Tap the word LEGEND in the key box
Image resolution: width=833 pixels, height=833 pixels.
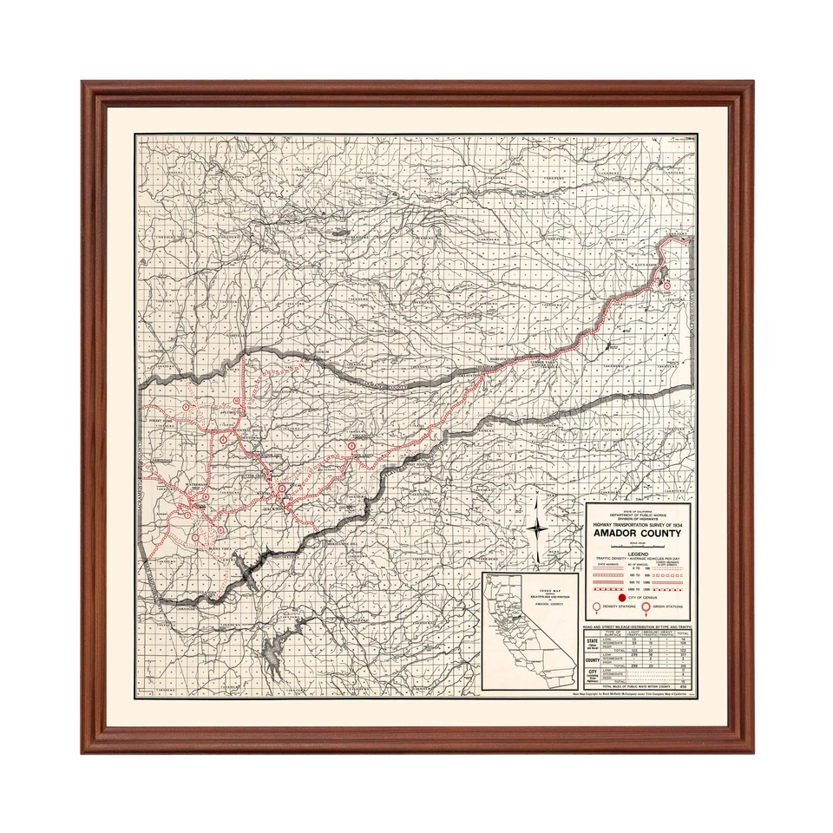(x=640, y=551)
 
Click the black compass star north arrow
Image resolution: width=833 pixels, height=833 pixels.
(x=539, y=526)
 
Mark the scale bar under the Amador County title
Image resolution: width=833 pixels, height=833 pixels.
(x=640, y=544)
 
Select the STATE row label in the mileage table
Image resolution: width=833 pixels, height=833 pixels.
(x=594, y=642)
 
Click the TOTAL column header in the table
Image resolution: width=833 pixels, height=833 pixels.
(x=684, y=632)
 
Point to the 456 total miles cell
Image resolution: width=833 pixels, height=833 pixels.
(x=684, y=687)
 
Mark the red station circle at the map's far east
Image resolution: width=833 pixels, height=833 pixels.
(x=666, y=284)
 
